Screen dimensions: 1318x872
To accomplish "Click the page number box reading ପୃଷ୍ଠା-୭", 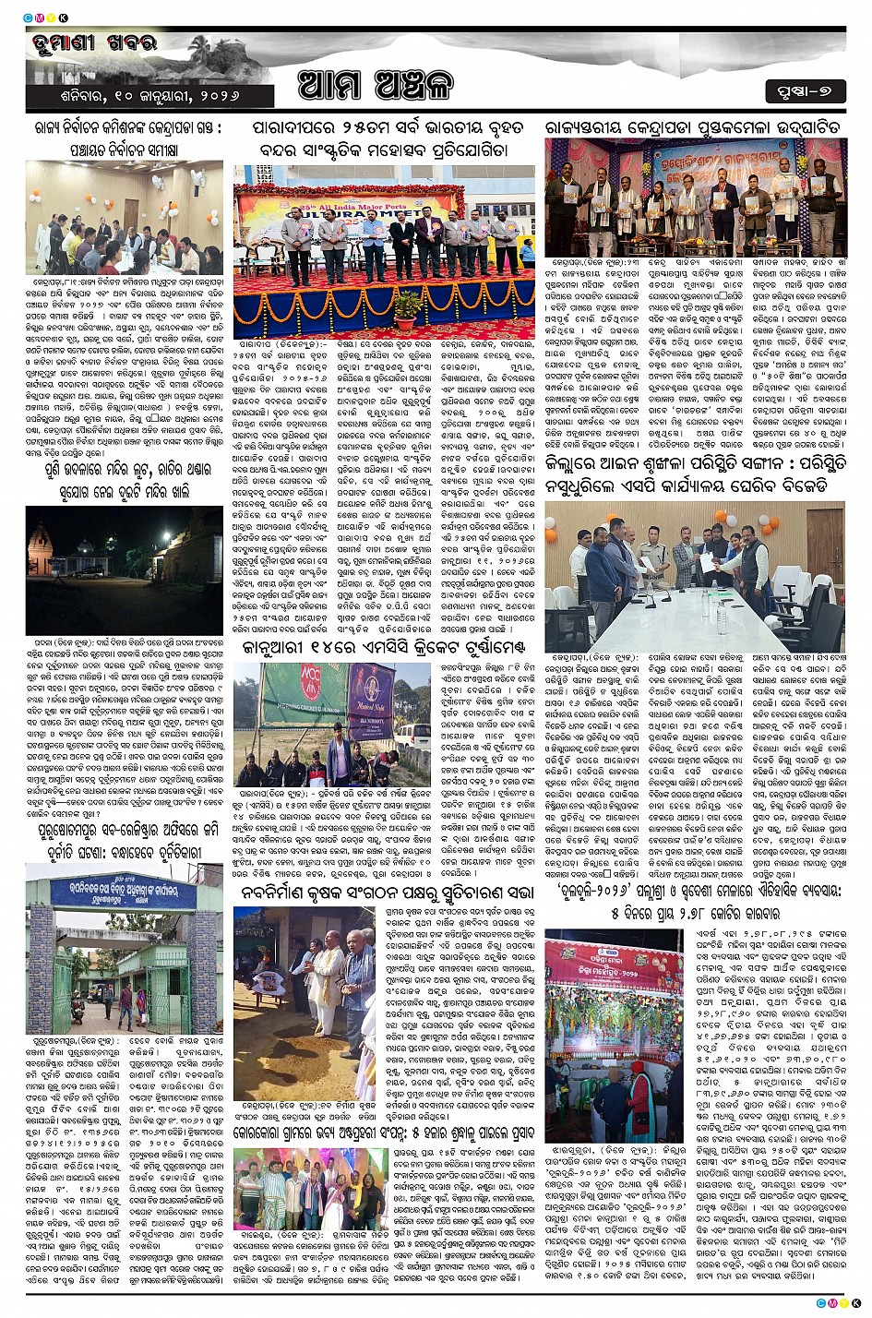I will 804,89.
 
